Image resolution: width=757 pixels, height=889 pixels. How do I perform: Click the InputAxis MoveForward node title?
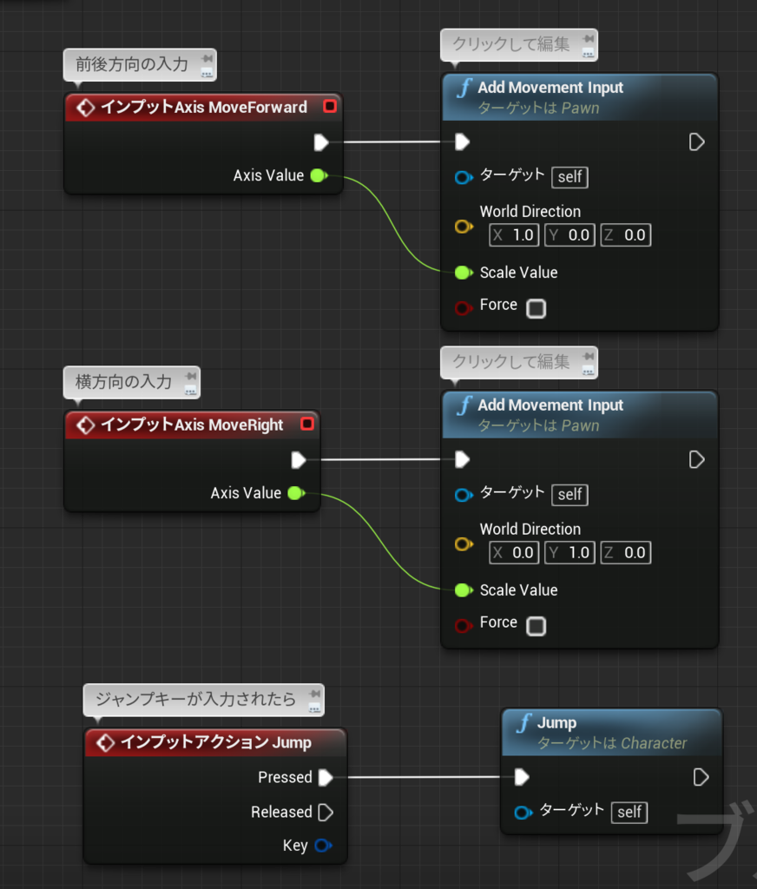coord(203,108)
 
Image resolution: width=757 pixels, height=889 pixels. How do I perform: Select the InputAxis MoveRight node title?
coord(192,425)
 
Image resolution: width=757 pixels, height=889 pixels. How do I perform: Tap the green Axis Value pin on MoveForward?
coord(318,175)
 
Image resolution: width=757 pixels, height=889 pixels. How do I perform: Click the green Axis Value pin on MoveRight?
coord(295,493)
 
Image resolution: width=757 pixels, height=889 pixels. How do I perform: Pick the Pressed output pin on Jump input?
coord(325,777)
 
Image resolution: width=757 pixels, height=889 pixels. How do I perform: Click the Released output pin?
coord(326,813)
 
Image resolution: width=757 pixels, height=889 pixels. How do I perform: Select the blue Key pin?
coord(322,846)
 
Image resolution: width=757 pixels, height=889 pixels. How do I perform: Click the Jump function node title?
coord(556,723)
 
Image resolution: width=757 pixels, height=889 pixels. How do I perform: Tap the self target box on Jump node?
coord(629,812)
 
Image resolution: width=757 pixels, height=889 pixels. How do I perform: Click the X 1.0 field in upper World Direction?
coord(514,235)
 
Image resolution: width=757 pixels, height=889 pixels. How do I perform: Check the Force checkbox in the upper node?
coord(536,308)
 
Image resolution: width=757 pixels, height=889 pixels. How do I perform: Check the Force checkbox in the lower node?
coord(536,626)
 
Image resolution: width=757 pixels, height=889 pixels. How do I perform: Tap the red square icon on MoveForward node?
coord(329,107)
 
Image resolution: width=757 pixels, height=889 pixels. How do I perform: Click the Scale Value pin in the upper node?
coord(463,273)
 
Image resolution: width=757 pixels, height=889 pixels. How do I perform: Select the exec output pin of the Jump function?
coord(701,777)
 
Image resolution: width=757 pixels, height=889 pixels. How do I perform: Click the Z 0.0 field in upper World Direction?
coord(625,235)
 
